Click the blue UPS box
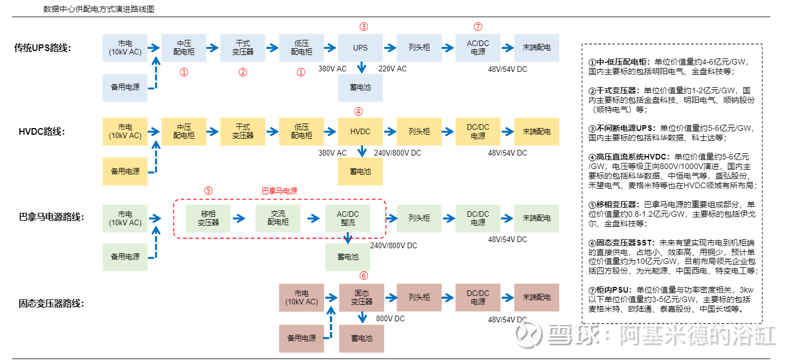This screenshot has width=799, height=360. coord(360,48)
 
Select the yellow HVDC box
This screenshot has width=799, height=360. coord(360,131)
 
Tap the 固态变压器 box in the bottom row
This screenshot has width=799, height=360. coord(362,297)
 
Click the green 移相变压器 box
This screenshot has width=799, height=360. coord(208,218)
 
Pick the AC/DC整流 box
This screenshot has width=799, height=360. coord(348,218)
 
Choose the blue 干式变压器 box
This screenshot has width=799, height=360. coord(243,48)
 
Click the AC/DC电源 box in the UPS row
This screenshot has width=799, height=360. coord(478,48)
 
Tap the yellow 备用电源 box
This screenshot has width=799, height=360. coord(125,171)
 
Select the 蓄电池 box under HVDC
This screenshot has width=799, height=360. coord(360,171)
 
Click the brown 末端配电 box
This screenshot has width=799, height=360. coord(537,297)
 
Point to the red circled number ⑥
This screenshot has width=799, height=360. coord(364,275)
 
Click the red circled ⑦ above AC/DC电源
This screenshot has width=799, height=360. coord(478,26)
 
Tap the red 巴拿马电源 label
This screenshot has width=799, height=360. coord(279,191)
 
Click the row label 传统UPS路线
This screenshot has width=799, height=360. coord(42,48)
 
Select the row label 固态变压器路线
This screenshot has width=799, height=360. coord(51,304)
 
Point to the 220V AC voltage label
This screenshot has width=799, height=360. coord(392,69)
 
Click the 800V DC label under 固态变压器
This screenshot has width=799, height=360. coord(391,318)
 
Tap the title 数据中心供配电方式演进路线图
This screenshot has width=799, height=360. coord(99,10)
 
